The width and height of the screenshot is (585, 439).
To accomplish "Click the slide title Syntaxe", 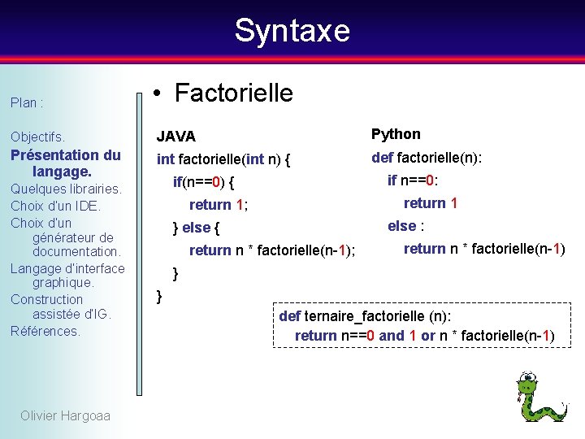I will coord(292,31).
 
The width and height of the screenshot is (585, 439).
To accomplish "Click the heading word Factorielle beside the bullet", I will coord(234,93).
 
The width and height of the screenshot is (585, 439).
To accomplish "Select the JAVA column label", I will coord(176,136).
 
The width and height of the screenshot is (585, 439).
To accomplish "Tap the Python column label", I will coord(396,133).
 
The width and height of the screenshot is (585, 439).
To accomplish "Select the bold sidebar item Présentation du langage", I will coord(65,163).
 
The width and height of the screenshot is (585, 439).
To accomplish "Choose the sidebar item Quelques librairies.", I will coord(66,189).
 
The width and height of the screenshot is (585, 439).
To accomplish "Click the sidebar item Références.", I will coord(45,331).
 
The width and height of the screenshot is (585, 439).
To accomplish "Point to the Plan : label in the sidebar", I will coord(27,103).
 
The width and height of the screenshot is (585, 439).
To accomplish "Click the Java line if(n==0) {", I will coord(204,182).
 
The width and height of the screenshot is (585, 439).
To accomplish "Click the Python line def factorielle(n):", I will coord(427,157).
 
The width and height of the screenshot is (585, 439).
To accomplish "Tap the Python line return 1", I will coord(431,202).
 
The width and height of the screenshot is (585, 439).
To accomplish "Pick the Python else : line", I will coord(407,225).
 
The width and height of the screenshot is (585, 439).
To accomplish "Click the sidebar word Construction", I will coord(46,299).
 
